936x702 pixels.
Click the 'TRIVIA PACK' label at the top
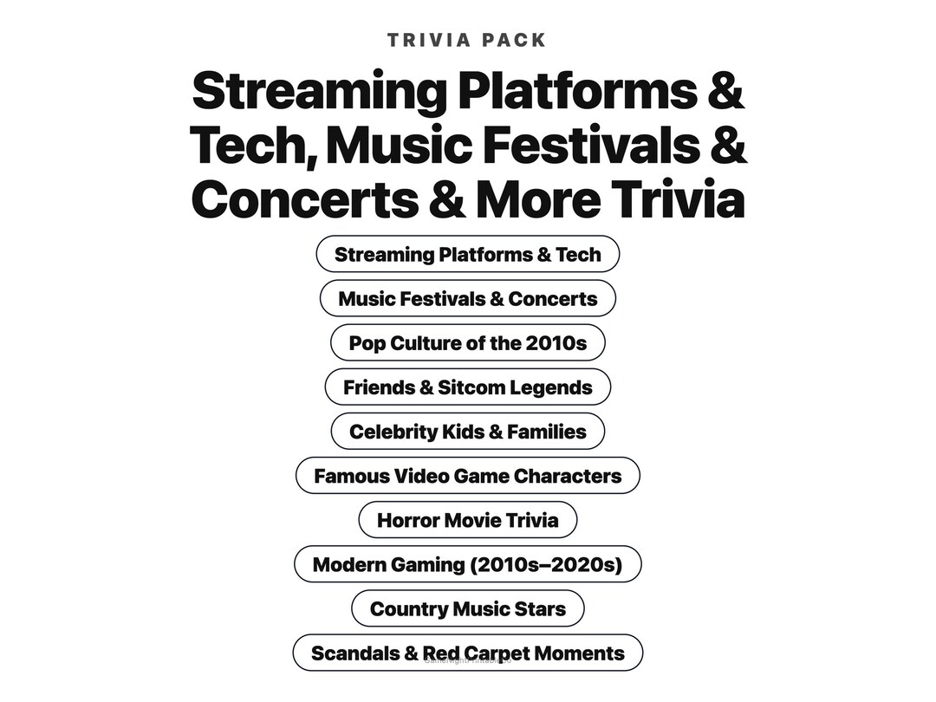click(467, 40)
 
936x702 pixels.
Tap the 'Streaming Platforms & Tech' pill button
click(467, 255)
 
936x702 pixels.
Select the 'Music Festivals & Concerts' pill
click(467, 299)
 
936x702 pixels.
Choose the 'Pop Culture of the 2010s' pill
click(467, 343)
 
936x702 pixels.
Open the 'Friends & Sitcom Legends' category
click(467, 387)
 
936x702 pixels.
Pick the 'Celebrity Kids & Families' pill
click(467, 432)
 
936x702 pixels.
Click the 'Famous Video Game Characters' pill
click(467, 476)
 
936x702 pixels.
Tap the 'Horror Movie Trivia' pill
click(467, 520)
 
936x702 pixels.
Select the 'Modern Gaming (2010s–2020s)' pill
click(467, 565)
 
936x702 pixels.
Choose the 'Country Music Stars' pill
click(467, 609)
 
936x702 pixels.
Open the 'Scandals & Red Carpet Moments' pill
click(467, 653)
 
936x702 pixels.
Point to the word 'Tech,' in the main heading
click(251, 145)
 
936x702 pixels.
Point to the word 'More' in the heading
click(537, 198)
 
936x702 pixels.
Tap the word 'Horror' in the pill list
click(407, 520)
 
